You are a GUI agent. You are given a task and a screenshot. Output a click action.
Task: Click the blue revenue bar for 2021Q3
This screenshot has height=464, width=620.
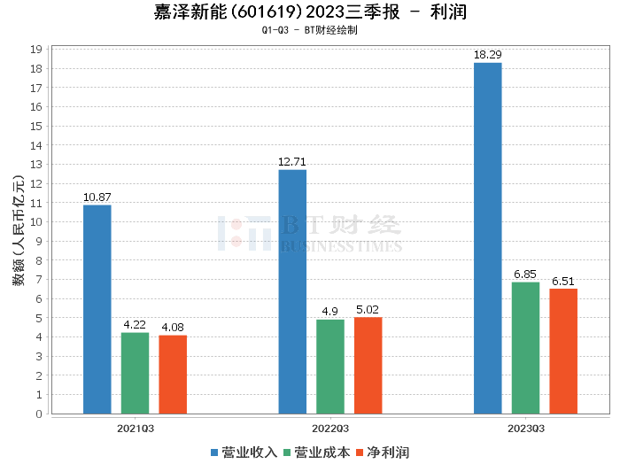(97, 309)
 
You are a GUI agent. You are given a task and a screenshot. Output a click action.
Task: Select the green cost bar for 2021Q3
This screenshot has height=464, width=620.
(135, 373)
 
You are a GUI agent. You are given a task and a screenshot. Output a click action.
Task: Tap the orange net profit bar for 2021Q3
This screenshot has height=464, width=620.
(173, 375)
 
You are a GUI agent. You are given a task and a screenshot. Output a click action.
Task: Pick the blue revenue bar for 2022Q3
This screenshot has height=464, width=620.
(292, 291)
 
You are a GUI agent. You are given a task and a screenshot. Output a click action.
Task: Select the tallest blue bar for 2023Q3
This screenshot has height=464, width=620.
(488, 238)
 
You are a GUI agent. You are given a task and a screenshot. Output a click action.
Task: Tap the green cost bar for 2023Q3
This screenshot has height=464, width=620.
(525, 348)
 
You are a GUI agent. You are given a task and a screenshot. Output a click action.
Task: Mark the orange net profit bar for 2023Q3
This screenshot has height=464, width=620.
(563, 351)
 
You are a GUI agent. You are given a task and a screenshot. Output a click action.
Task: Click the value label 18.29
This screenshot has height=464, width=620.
(488, 55)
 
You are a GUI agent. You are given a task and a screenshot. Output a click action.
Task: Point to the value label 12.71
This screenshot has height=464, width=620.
(292, 162)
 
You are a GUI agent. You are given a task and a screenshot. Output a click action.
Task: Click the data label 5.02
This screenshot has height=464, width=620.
(368, 309)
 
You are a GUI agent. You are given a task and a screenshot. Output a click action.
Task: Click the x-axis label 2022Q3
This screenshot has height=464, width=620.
(329, 427)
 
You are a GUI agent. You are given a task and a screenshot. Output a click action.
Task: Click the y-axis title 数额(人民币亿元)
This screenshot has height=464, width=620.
(19, 231)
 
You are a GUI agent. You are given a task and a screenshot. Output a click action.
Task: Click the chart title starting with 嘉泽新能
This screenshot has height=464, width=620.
(310, 12)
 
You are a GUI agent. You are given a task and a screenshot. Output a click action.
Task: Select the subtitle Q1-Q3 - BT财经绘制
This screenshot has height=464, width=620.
(310, 30)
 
